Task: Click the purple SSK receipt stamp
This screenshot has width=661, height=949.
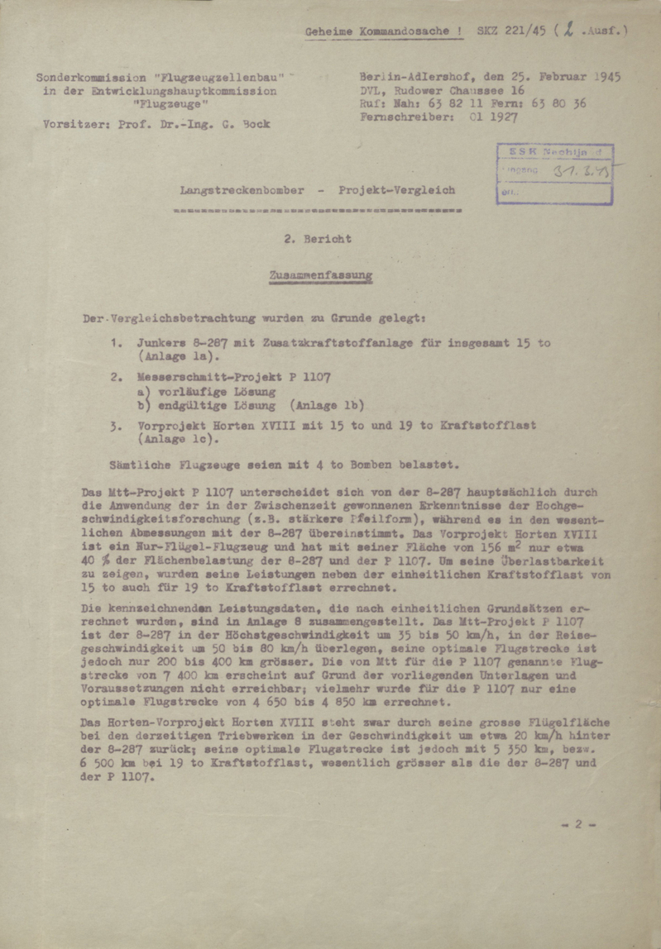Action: click(555, 174)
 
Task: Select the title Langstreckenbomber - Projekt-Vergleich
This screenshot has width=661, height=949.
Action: click(318, 190)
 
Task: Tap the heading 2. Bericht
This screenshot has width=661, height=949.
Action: click(319, 238)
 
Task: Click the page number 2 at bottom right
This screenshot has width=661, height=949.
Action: click(579, 823)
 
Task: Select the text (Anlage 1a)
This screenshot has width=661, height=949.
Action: click(168, 357)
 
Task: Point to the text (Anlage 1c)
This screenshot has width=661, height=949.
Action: click(168, 441)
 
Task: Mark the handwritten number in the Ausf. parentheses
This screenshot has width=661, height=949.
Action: click(568, 31)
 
